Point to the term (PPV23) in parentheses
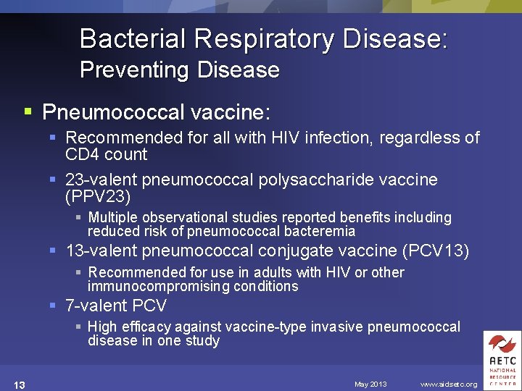[98, 196]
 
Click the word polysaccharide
[336, 180]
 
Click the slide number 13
[19, 384]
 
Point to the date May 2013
[370, 384]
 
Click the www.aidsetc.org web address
[449, 384]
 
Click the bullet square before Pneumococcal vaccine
[28, 112]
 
